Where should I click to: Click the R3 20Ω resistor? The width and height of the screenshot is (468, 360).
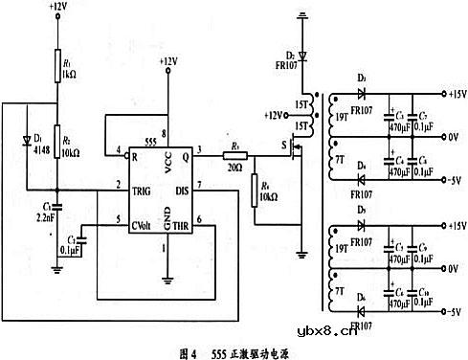click(237, 154)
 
